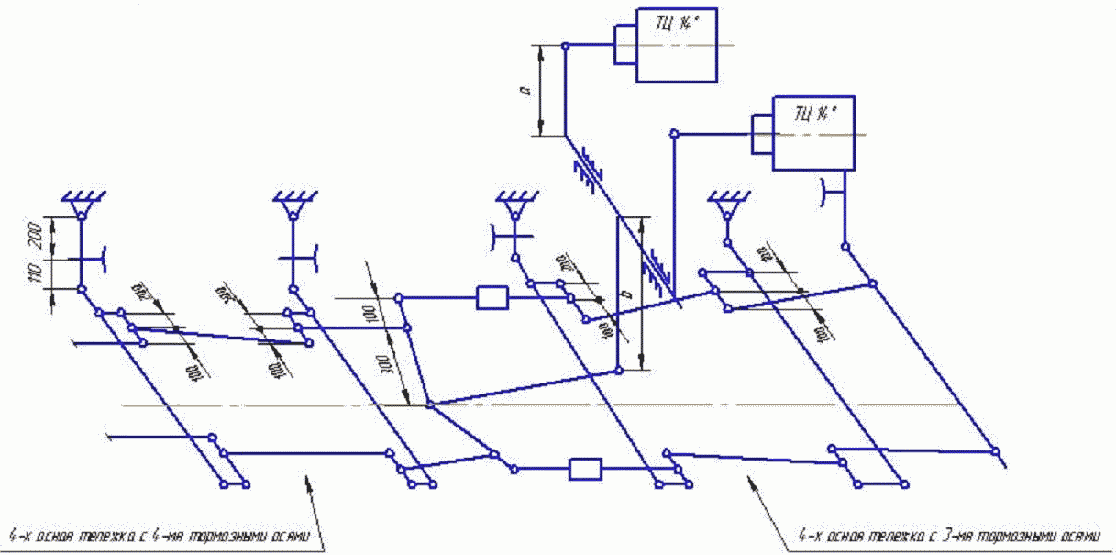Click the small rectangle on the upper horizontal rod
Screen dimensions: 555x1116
click(492, 297)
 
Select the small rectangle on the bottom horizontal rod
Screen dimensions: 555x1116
click(584, 469)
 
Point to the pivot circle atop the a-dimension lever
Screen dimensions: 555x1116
click(566, 47)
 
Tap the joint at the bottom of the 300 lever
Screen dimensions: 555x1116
click(429, 405)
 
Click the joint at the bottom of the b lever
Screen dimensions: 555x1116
click(619, 370)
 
